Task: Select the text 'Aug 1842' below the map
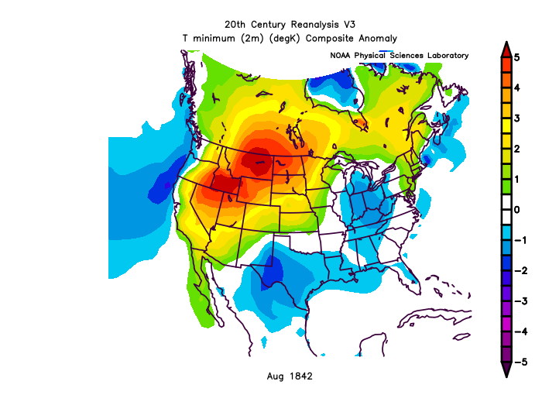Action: [x=290, y=376]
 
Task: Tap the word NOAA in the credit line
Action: [x=341, y=56]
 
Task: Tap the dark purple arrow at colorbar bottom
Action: [x=505, y=369]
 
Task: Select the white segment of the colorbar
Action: [x=505, y=209]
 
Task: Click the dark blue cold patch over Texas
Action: [x=272, y=273]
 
